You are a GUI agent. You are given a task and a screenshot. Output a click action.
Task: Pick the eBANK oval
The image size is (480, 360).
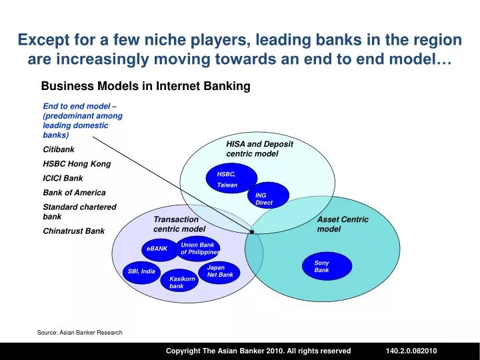157,249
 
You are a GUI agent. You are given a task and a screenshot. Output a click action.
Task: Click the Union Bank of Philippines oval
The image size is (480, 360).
198,249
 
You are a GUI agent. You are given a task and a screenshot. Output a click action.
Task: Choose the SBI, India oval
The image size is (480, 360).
142,271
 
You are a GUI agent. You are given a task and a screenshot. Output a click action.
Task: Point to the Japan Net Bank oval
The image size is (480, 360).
219,271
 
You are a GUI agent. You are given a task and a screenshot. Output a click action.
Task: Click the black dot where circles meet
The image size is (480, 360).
252,231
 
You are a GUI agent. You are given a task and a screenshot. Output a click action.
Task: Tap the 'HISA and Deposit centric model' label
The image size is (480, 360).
259,149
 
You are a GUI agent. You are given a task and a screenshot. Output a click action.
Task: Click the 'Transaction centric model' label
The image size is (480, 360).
177,224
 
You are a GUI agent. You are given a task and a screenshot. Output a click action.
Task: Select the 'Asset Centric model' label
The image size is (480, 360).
342,224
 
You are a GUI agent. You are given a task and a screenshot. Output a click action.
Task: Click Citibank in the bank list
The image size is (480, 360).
59,149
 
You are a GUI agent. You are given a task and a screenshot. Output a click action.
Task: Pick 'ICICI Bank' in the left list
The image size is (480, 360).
63,178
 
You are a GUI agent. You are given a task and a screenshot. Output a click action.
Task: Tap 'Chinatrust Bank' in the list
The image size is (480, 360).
73,231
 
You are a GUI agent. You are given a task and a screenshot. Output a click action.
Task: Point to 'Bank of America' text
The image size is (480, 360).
74,193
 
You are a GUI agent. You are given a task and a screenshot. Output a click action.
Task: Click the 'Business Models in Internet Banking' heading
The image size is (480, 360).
145,86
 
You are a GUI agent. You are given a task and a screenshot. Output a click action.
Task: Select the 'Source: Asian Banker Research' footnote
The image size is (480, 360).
80,332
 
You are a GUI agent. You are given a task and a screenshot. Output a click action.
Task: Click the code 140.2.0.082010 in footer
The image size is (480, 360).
411,351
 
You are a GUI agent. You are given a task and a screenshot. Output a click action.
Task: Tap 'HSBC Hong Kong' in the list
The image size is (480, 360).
77,163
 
